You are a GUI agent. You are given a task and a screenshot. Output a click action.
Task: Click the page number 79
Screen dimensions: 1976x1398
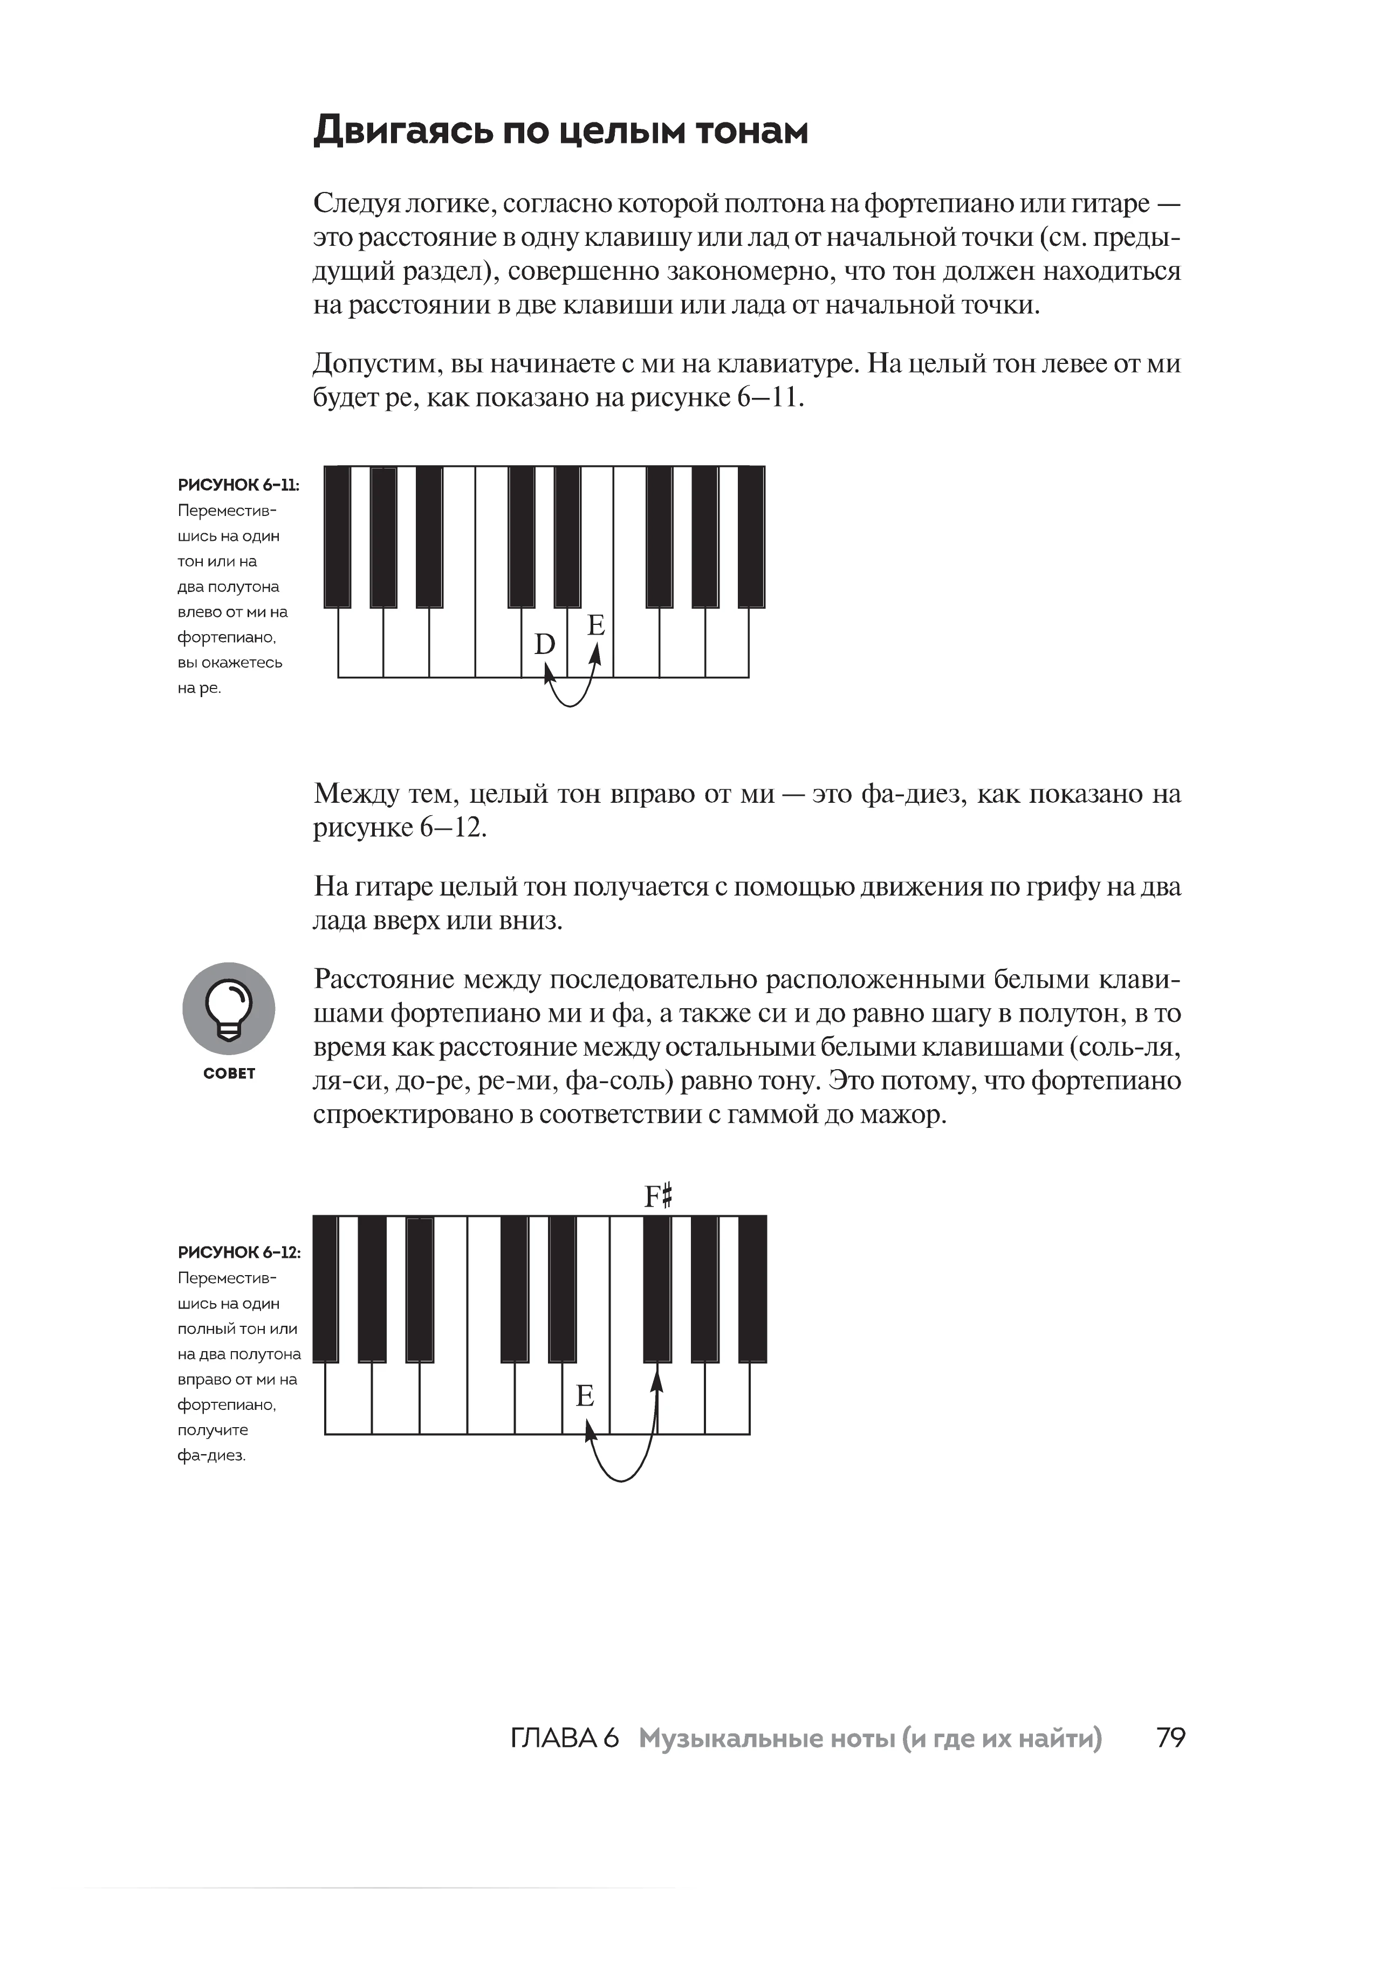pyautogui.click(x=1171, y=1738)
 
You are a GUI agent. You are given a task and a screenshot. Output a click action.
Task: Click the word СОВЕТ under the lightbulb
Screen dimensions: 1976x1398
pyautogui.click(x=229, y=1073)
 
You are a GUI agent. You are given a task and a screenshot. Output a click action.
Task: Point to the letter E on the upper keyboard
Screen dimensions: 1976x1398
pyautogui.click(x=595, y=625)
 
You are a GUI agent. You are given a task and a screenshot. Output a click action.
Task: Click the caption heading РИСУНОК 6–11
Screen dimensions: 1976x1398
pyautogui.click(x=238, y=485)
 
